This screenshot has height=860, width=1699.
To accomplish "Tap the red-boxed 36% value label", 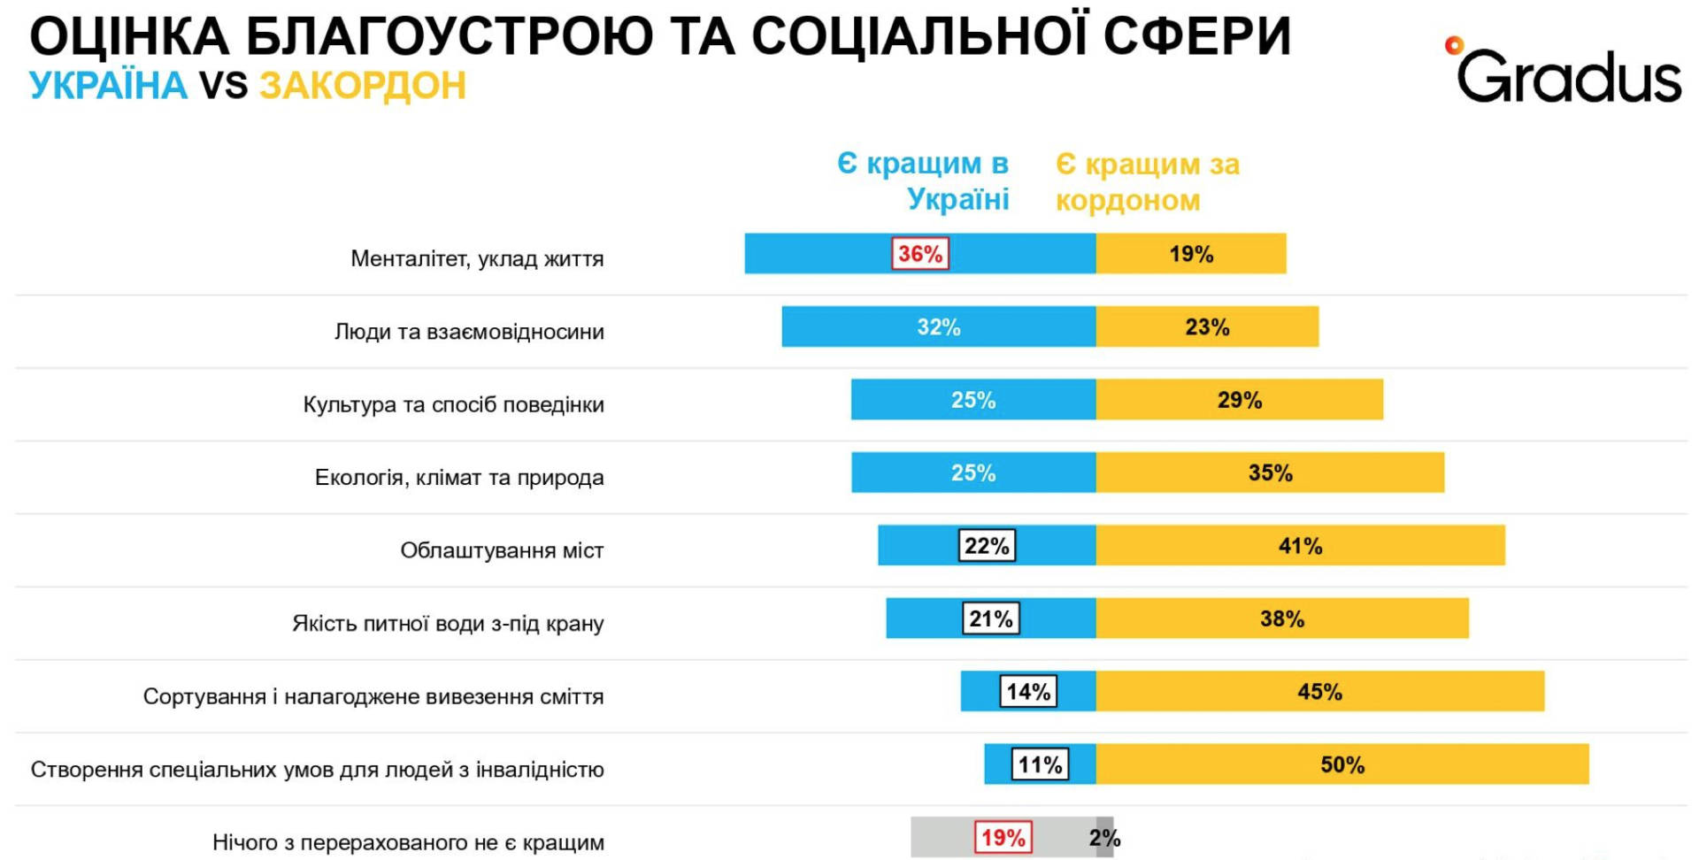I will coord(919,254).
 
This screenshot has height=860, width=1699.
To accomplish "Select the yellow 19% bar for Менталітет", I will coord(1191,254).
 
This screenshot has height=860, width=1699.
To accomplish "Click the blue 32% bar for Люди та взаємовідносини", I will coord(938,326).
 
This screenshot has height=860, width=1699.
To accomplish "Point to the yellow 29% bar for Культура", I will coord(1239,400).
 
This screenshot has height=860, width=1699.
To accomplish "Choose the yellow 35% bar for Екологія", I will coord(1270,472).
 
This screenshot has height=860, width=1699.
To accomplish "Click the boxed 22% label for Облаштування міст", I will coord(987,546).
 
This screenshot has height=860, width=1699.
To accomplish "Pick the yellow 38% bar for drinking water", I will coord(1282,618).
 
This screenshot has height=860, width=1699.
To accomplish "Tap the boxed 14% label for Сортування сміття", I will coord(1028,692).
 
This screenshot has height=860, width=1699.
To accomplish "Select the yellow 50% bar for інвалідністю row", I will coord(1342,764).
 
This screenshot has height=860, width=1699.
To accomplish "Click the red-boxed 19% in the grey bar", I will coord(1003,837).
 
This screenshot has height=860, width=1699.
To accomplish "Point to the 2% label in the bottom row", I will coord(1105,838).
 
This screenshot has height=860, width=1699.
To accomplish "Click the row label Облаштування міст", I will coord(502,550).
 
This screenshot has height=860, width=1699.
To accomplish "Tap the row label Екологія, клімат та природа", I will coord(459,478).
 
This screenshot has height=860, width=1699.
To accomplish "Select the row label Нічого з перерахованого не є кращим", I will coord(408,842).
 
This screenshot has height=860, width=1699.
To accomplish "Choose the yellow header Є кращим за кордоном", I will coord(1147,181).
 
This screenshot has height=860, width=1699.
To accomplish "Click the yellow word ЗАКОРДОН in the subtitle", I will coord(362,86).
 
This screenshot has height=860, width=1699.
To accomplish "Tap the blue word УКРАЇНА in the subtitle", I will coord(108,86).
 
